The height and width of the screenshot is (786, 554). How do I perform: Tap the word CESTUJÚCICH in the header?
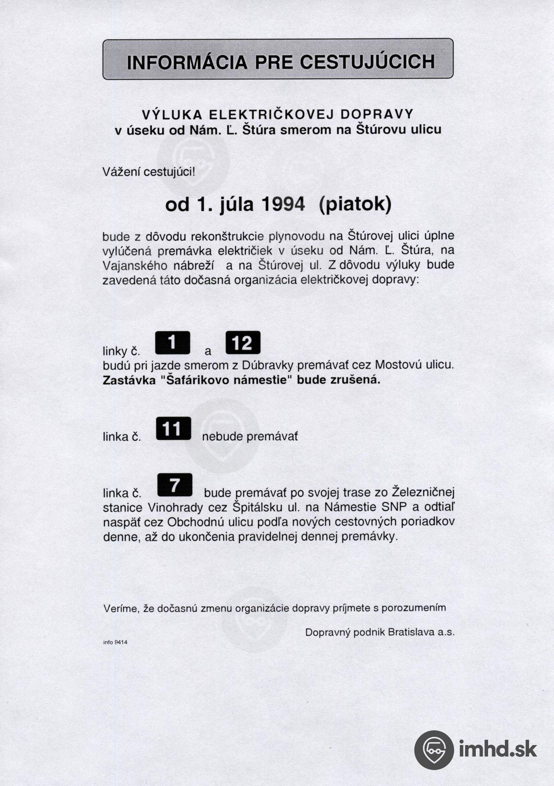(367, 62)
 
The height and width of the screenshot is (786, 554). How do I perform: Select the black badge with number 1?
(172, 343)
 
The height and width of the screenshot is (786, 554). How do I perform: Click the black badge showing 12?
(243, 343)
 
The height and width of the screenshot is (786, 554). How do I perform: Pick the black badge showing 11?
(173, 429)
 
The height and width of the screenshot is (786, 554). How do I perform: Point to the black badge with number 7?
(175, 485)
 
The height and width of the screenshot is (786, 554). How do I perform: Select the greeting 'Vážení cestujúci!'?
(149, 172)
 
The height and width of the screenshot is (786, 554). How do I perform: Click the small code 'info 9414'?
(115, 642)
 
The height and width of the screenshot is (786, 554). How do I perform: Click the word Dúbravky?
(268, 365)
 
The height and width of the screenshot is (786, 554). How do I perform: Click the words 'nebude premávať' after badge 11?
(250, 437)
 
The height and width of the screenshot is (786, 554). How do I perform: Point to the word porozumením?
(414, 608)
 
